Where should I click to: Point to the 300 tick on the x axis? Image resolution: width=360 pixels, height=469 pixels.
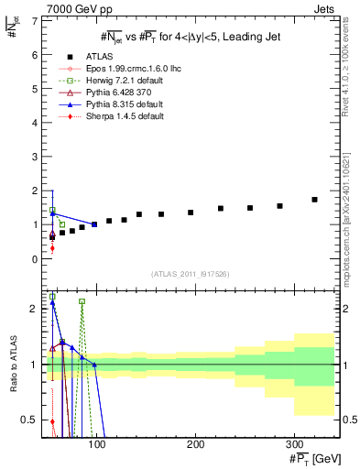(x=293, y=444)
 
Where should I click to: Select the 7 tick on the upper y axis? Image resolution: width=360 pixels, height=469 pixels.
(x=35, y=21)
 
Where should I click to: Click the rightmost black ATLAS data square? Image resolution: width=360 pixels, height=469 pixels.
(x=314, y=200)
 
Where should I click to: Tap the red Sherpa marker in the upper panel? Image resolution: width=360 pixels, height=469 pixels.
(x=52, y=248)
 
